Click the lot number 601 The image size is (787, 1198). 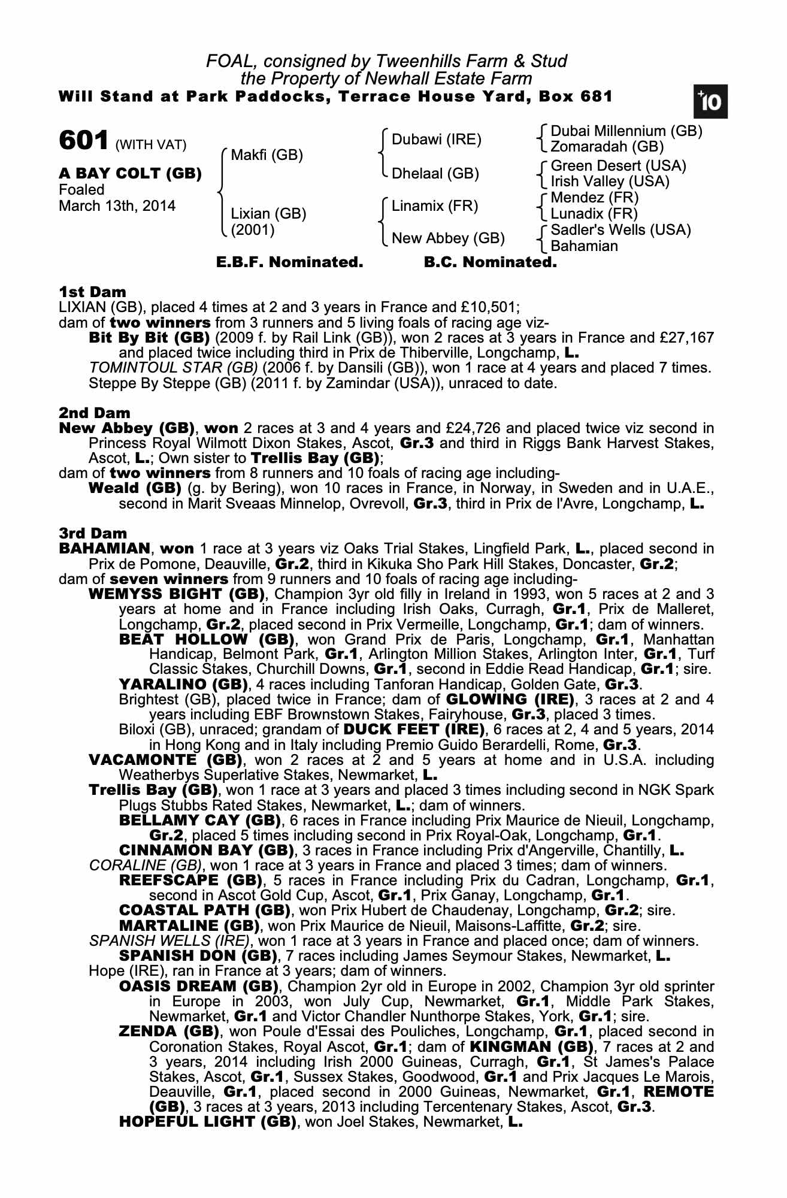click(x=84, y=141)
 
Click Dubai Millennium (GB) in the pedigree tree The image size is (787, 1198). click(x=626, y=131)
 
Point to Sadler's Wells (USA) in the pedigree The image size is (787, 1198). click(x=620, y=230)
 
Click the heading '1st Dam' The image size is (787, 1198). click(x=93, y=292)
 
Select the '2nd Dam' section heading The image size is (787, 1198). click(x=95, y=413)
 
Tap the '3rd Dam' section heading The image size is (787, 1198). click(x=93, y=533)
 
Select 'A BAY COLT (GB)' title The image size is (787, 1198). click(x=130, y=174)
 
